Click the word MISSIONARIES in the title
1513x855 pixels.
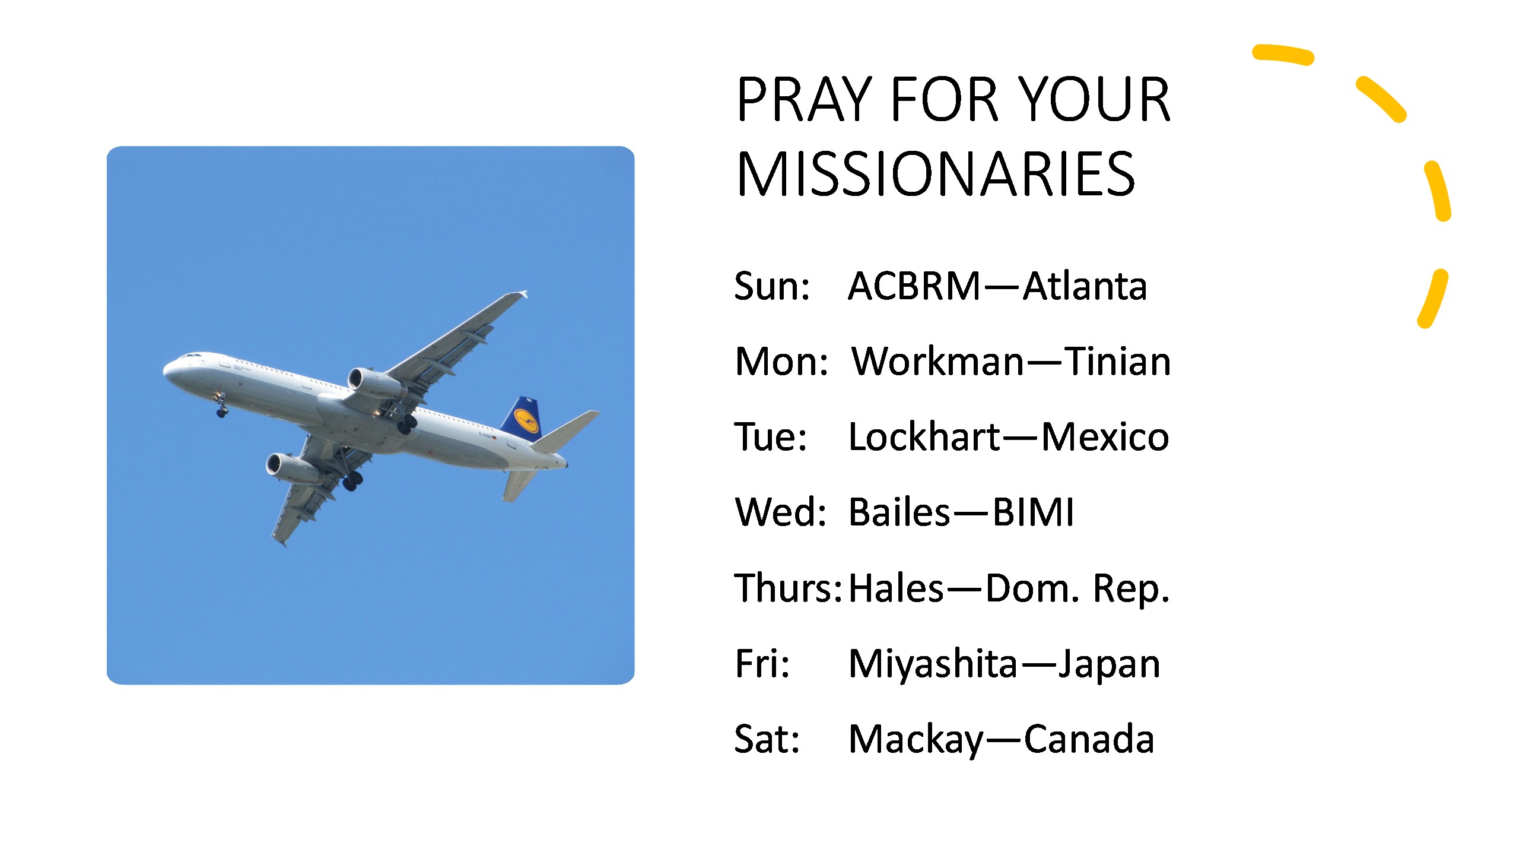tap(935, 174)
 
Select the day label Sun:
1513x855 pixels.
tap(772, 286)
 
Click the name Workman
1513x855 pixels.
tap(938, 362)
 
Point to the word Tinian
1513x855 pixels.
tap(1118, 362)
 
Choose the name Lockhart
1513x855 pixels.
tap(924, 437)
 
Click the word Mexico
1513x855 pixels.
tap(1105, 438)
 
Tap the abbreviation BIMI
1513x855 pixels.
tap(1033, 512)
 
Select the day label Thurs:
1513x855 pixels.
tap(788, 588)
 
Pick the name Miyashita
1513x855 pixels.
tap(933, 664)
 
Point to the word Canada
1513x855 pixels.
tap(1089, 740)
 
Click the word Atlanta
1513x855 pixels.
tap(1085, 286)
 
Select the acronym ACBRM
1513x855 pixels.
tap(914, 286)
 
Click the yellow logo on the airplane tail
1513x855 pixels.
tap(525, 419)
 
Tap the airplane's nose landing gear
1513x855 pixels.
tap(221, 407)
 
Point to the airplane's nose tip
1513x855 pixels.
tap(164, 369)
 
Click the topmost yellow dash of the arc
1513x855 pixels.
tap(1283, 54)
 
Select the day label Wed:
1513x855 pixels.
tap(780, 512)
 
